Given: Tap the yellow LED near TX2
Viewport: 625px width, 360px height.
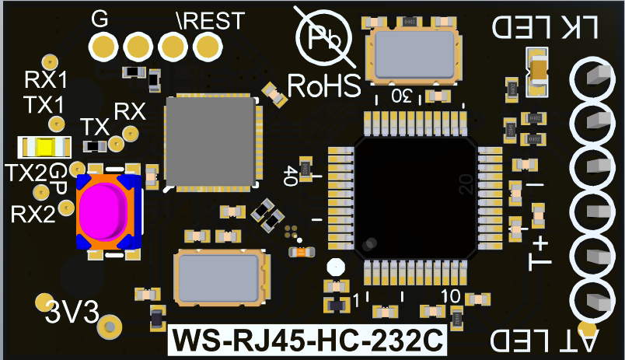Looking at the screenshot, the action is (x=44, y=147).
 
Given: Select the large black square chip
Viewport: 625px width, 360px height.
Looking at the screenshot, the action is (x=416, y=198).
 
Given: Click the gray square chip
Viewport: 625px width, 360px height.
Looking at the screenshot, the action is (x=211, y=142).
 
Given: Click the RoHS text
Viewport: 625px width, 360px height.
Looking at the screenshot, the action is (x=324, y=86).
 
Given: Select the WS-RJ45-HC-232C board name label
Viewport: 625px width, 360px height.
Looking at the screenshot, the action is (x=308, y=340).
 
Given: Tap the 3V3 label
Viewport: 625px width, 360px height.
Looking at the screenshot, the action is (x=72, y=311).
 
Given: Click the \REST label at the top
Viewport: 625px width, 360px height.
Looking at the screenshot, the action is (x=211, y=21).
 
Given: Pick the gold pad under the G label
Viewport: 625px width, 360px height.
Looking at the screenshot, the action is (x=103, y=47).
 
